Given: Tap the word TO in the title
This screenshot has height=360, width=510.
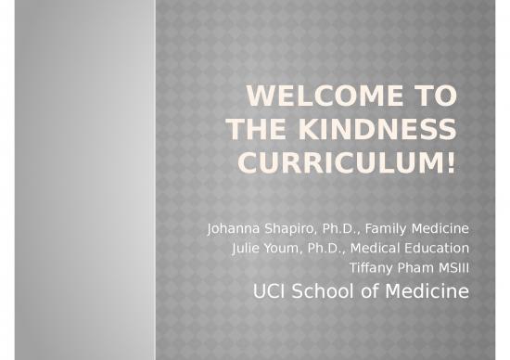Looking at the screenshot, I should [434, 96].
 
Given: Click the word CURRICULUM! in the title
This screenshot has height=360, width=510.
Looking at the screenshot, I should [348, 164].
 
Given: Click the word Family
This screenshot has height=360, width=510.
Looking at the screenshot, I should [389, 228].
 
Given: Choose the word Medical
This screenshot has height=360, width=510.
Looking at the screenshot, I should [381, 248].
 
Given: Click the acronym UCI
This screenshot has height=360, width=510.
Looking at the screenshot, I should [269, 293].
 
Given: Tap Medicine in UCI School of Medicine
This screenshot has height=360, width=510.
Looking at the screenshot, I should [427, 293].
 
